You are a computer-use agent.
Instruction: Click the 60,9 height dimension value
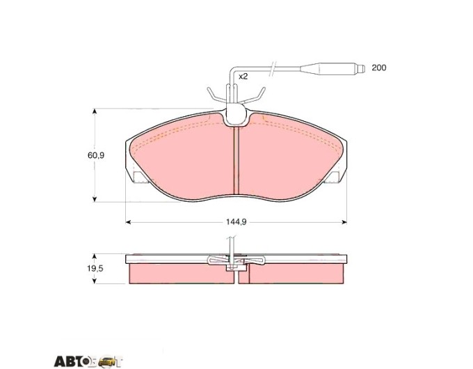tap(96, 155)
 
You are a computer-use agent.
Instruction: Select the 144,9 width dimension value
tap(236, 222)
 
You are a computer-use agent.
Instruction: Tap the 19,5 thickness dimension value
tap(95, 269)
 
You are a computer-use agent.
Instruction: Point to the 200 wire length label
tap(378, 68)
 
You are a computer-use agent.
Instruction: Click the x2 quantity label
tap(243, 77)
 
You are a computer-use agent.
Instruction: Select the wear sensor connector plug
tap(332, 68)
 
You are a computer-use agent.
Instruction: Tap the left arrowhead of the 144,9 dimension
tap(128, 222)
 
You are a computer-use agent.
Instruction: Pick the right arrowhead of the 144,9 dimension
tap(344, 222)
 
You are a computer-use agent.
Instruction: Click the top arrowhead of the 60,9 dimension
tap(95, 111)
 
